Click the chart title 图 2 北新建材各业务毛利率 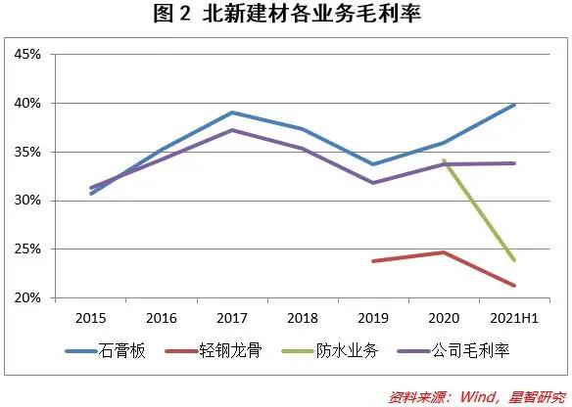(287, 14)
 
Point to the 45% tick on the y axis (27, 54)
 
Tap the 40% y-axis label (27, 103)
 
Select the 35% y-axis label (27, 152)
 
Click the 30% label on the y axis (27, 201)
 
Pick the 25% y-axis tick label (27, 249)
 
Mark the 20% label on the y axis (27, 298)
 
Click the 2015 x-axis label (90, 318)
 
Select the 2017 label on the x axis (232, 318)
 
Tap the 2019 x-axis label (373, 318)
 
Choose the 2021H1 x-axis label (514, 318)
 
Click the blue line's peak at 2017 (232, 113)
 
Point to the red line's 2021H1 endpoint (514, 286)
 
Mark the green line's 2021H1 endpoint (514, 260)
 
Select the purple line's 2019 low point (373, 183)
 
